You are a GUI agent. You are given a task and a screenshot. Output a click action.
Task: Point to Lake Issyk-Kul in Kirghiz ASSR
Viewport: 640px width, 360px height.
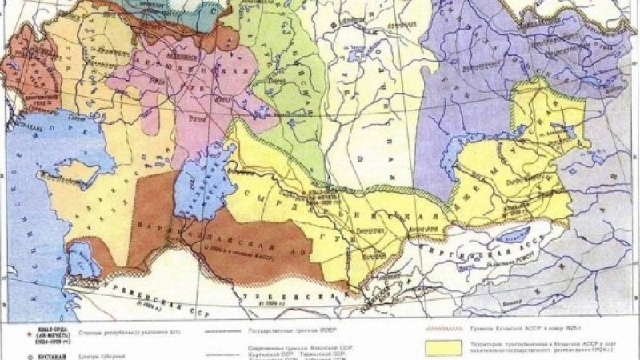pos(512,237)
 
